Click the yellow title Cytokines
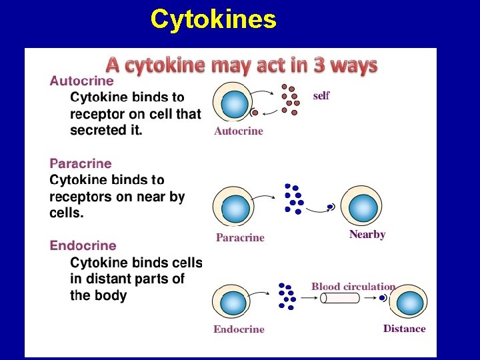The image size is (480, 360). click(213, 19)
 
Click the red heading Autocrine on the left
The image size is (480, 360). click(82, 81)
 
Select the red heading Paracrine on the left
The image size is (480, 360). click(81, 163)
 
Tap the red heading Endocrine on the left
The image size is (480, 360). click(83, 246)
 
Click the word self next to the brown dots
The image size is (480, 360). click(321, 96)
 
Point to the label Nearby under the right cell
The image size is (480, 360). click(367, 235)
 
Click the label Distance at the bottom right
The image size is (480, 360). click(404, 329)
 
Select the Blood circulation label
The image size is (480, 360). click(353, 287)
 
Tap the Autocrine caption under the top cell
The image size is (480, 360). click(239, 131)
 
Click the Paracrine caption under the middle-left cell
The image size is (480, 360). click(240, 238)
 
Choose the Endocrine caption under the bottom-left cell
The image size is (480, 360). click(239, 329)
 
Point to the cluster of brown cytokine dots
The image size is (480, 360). click(290, 100)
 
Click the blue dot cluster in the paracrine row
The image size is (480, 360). click(293, 199)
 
